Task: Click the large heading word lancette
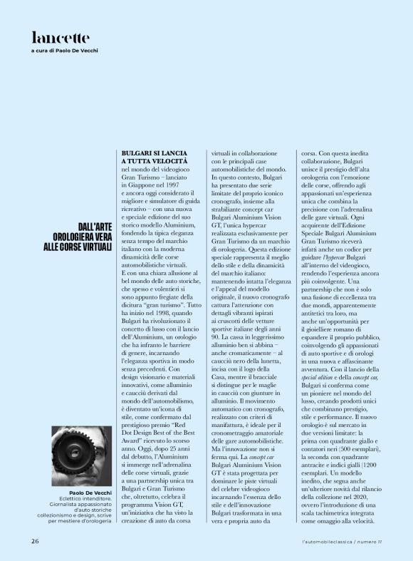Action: [61, 37]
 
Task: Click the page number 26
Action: [34, 540]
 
